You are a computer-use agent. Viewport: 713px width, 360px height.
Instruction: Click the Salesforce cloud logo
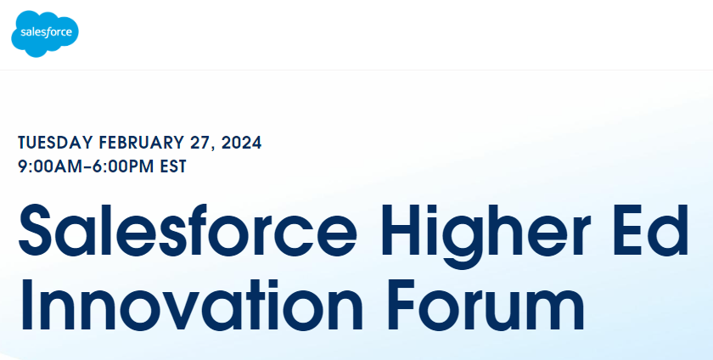44,34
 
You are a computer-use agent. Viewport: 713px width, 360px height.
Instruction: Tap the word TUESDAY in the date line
55,143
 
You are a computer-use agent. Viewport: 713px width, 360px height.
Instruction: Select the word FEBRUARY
142,143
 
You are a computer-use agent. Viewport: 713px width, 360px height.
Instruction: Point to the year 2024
241,143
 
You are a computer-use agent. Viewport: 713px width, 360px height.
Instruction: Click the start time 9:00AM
53,166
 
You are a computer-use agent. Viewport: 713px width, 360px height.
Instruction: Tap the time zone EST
173,166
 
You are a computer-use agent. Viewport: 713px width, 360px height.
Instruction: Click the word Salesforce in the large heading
188,230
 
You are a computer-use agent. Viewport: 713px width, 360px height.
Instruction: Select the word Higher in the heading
486,236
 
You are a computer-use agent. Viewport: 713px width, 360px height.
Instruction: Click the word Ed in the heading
651,230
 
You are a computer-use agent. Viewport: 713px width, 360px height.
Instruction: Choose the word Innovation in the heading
191,306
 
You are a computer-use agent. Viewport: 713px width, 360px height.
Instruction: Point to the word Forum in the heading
486,306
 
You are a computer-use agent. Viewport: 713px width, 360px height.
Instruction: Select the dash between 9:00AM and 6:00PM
91,167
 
